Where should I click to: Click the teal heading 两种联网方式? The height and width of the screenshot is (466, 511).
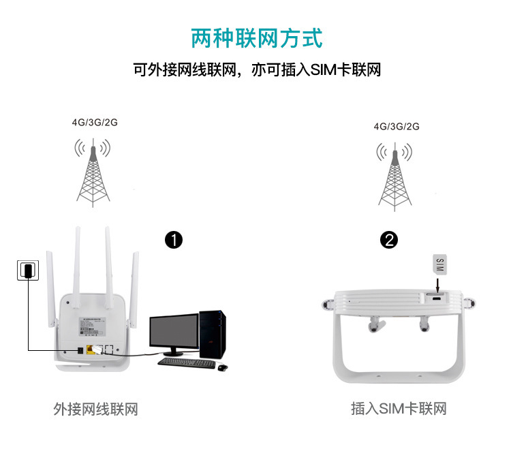pyautogui.click(x=255, y=37)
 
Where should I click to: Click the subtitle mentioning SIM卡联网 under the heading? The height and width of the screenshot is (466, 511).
pyautogui.click(x=255, y=70)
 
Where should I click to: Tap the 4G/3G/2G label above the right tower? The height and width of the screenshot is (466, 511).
pyautogui.click(x=397, y=126)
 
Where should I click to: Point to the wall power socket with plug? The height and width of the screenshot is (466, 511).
pyautogui.click(x=27, y=270)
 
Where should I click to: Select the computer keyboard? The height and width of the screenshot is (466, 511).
pyautogui.click(x=187, y=362)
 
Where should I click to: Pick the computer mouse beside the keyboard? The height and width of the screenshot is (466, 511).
pyautogui.click(x=222, y=367)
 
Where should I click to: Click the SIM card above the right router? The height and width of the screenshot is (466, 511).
pyautogui.click(x=439, y=263)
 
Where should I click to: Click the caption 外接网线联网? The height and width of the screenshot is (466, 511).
pyautogui.click(x=95, y=409)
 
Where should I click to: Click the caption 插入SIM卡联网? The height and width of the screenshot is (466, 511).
pyautogui.click(x=399, y=409)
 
